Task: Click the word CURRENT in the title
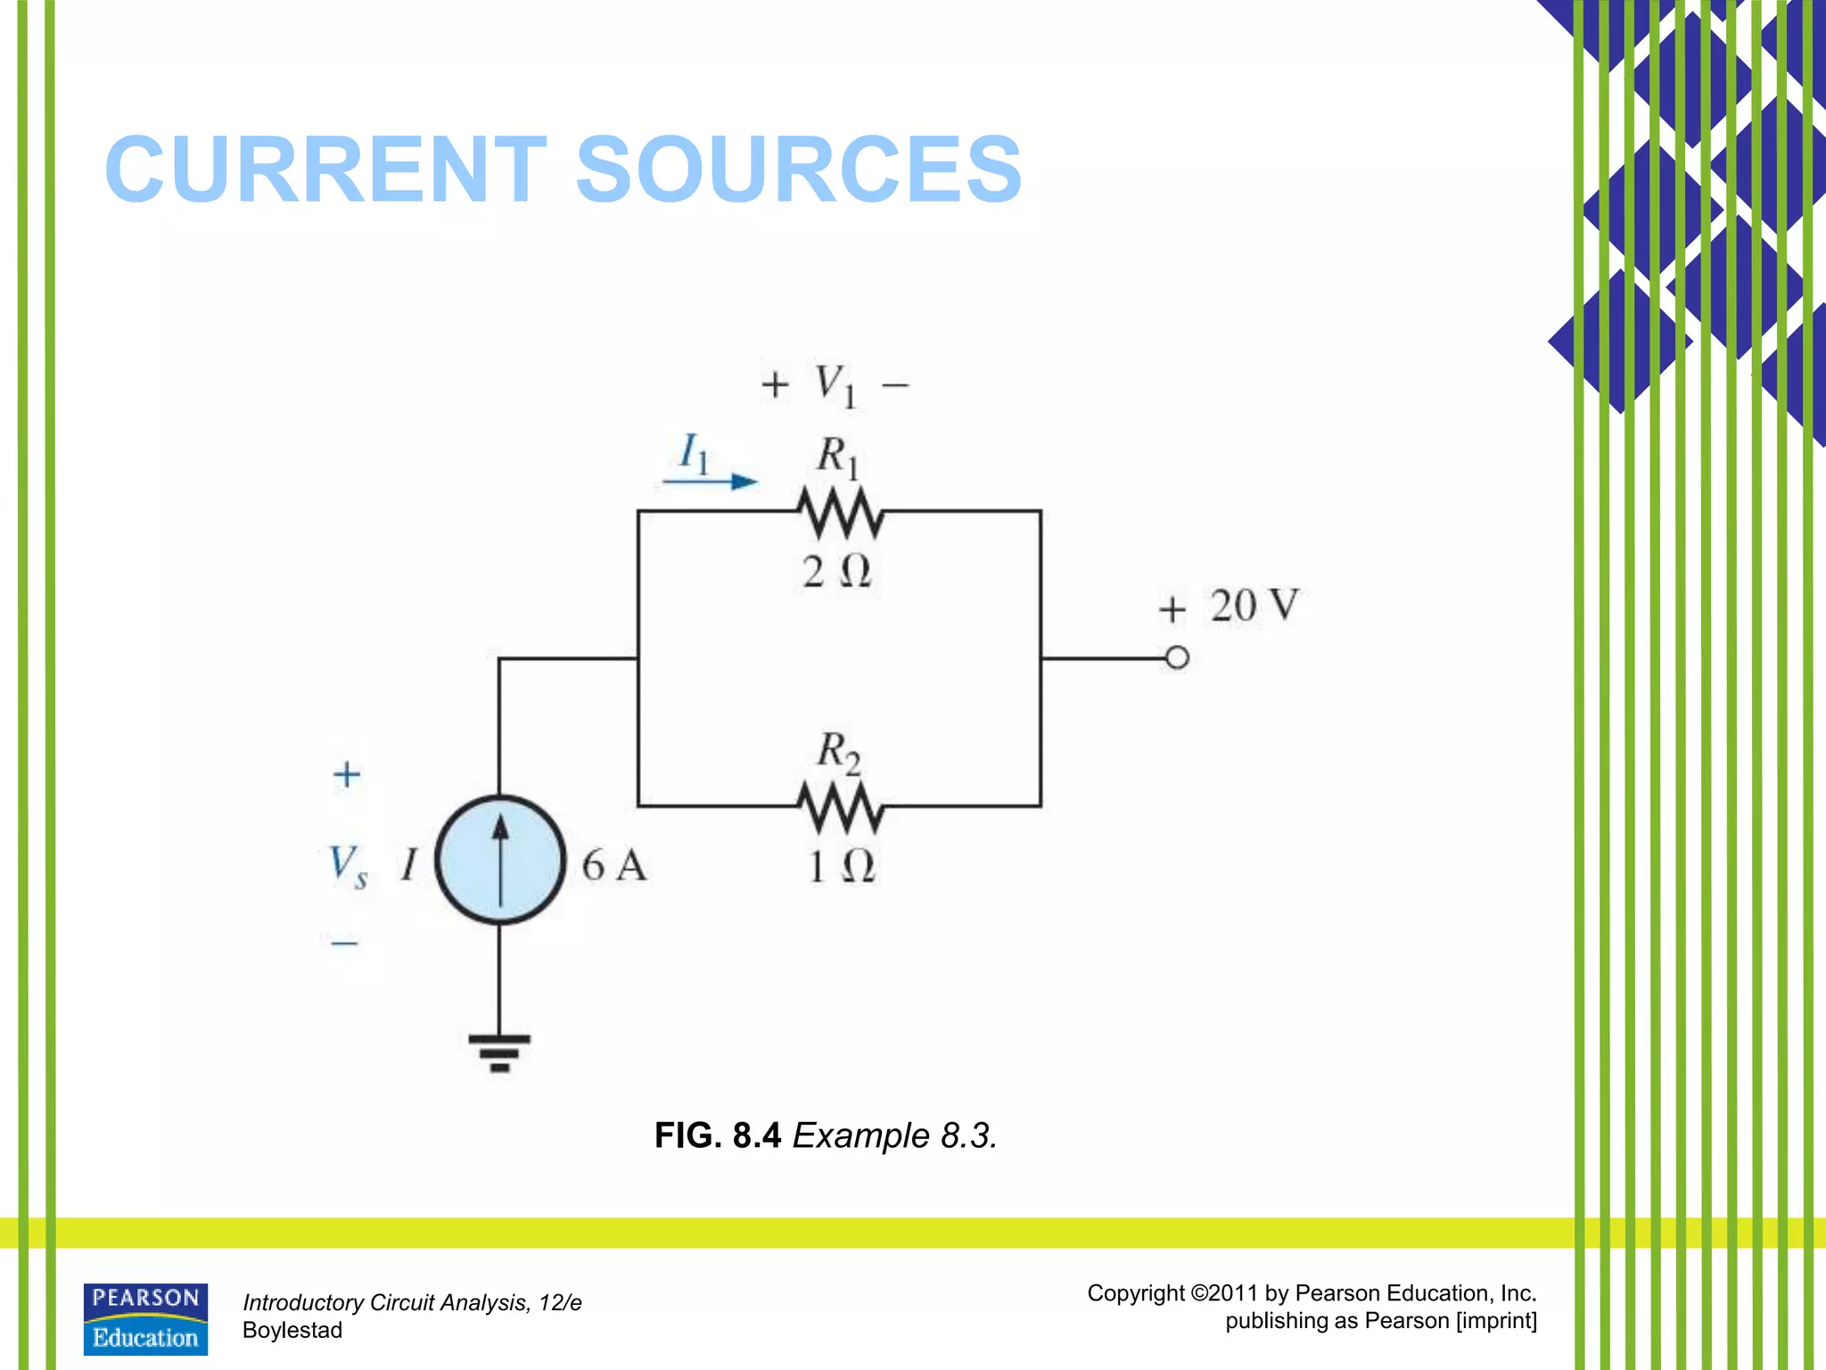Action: click(x=325, y=169)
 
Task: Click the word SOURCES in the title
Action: click(x=798, y=169)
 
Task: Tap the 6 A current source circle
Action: click(x=500, y=860)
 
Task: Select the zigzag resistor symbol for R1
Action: click(x=840, y=512)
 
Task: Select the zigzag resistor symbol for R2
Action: click(x=840, y=806)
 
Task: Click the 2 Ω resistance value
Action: click(x=835, y=571)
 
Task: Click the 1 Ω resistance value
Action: click(x=841, y=866)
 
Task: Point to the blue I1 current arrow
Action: click(x=711, y=482)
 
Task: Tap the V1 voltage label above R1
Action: click(x=835, y=385)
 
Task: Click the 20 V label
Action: click(x=1254, y=606)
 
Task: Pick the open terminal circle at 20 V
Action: click(x=1177, y=658)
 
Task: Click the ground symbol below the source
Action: click(x=499, y=1052)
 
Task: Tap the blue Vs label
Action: click(x=347, y=865)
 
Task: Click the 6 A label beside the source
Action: click(x=613, y=865)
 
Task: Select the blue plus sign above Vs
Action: click(x=347, y=773)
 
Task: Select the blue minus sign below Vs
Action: click(x=344, y=942)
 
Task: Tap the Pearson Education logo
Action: click(x=145, y=1319)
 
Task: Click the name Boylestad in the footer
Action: click(x=292, y=1330)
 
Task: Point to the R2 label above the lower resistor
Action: click(x=838, y=752)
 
